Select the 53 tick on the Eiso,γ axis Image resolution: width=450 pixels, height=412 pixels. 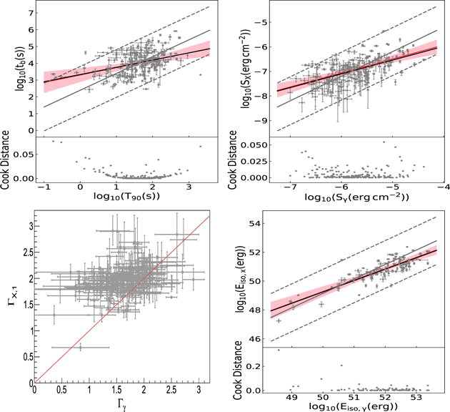[415, 397]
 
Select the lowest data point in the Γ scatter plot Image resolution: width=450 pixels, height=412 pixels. [80, 347]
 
